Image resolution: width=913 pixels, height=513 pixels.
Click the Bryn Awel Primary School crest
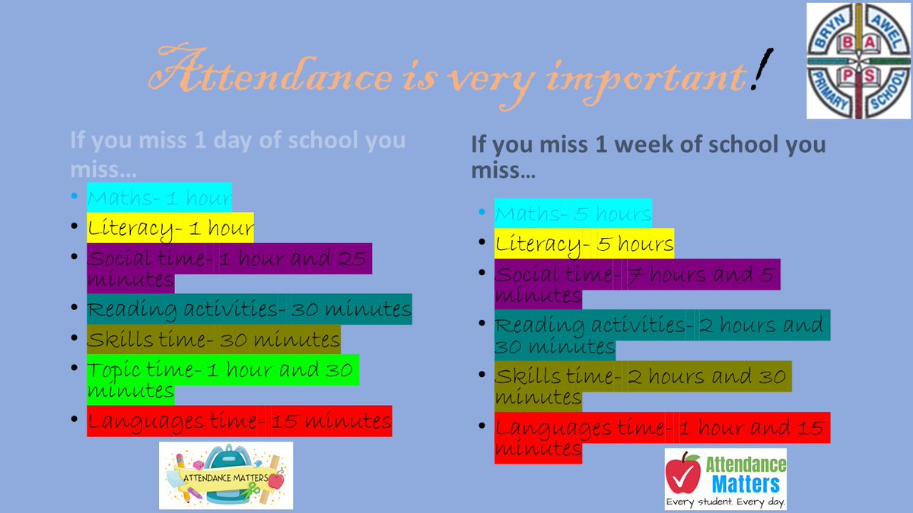[858, 61]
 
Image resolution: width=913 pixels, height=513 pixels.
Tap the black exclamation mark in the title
[759, 71]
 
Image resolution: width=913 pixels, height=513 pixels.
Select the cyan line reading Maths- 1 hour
[159, 198]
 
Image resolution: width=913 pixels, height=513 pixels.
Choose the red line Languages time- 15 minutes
[239, 421]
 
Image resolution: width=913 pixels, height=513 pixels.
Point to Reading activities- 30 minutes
[249, 309]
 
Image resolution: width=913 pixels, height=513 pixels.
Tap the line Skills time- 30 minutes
[213, 340]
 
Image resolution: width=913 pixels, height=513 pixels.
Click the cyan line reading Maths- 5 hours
[573, 214]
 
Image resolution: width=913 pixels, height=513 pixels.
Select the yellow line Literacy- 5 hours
[584, 244]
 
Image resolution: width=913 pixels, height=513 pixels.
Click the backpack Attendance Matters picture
[226, 476]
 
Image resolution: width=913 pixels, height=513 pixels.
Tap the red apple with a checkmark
[683, 473]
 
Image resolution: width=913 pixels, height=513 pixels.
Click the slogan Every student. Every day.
[725, 502]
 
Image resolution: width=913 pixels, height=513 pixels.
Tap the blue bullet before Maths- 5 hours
[482, 213]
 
